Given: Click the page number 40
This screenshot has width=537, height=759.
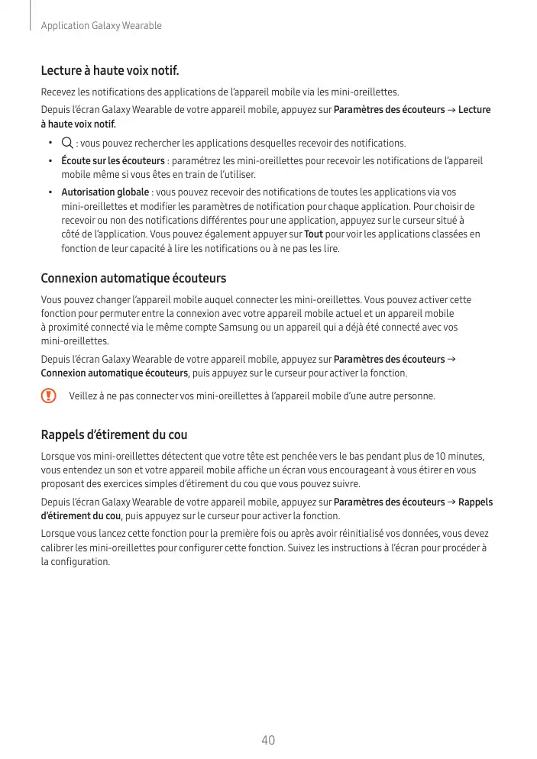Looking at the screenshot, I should point(267,740).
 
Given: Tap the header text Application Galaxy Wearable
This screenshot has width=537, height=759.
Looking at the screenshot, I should point(101,26).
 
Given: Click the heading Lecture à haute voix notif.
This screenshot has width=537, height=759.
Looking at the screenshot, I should point(109,72).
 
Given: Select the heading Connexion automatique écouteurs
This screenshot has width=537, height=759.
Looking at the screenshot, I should point(133,279).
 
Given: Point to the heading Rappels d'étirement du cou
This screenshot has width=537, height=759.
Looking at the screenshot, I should point(114,435).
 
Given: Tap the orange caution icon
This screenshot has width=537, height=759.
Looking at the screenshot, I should point(49,396).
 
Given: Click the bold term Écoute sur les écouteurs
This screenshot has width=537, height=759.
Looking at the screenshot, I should point(113,161).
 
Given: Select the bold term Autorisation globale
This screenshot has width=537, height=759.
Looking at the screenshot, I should point(105,192).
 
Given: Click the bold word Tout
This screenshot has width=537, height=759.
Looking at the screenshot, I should point(313,234).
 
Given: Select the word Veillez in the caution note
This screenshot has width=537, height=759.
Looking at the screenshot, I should point(83,396).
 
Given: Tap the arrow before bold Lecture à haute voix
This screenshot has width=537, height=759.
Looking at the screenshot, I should point(451,110).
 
